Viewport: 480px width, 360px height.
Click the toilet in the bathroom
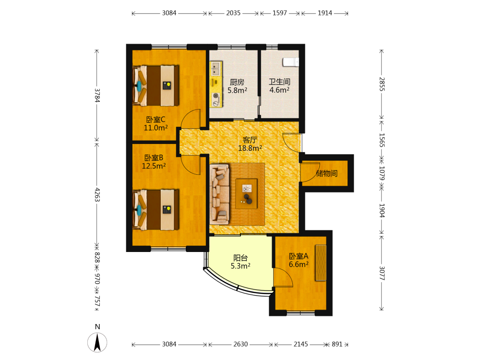click(290, 62)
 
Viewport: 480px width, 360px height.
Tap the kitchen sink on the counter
click(216, 69)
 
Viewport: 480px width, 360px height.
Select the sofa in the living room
click(219, 194)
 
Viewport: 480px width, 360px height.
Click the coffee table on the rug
click(246, 193)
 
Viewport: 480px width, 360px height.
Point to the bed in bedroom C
click(156, 85)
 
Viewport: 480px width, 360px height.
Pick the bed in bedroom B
click(156, 210)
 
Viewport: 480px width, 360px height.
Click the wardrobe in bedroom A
click(321, 263)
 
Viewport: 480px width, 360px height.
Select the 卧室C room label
click(156, 120)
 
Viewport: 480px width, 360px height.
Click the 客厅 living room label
click(250, 140)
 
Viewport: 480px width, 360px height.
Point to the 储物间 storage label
click(326, 173)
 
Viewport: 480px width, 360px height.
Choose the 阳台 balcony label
click(240, 258)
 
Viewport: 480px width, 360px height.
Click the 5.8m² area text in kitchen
click(237, 90)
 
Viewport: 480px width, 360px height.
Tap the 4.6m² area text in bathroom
click(279, 90)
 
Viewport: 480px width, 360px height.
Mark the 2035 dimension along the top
click(233, 13)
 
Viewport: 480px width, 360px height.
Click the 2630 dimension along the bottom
click(240, 344)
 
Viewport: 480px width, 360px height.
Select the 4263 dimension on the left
click(97, 195)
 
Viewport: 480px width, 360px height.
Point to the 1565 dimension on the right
click(382, 140)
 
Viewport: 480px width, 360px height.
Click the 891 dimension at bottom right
click(337, 344)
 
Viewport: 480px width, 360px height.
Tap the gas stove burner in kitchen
click(216, 96)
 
